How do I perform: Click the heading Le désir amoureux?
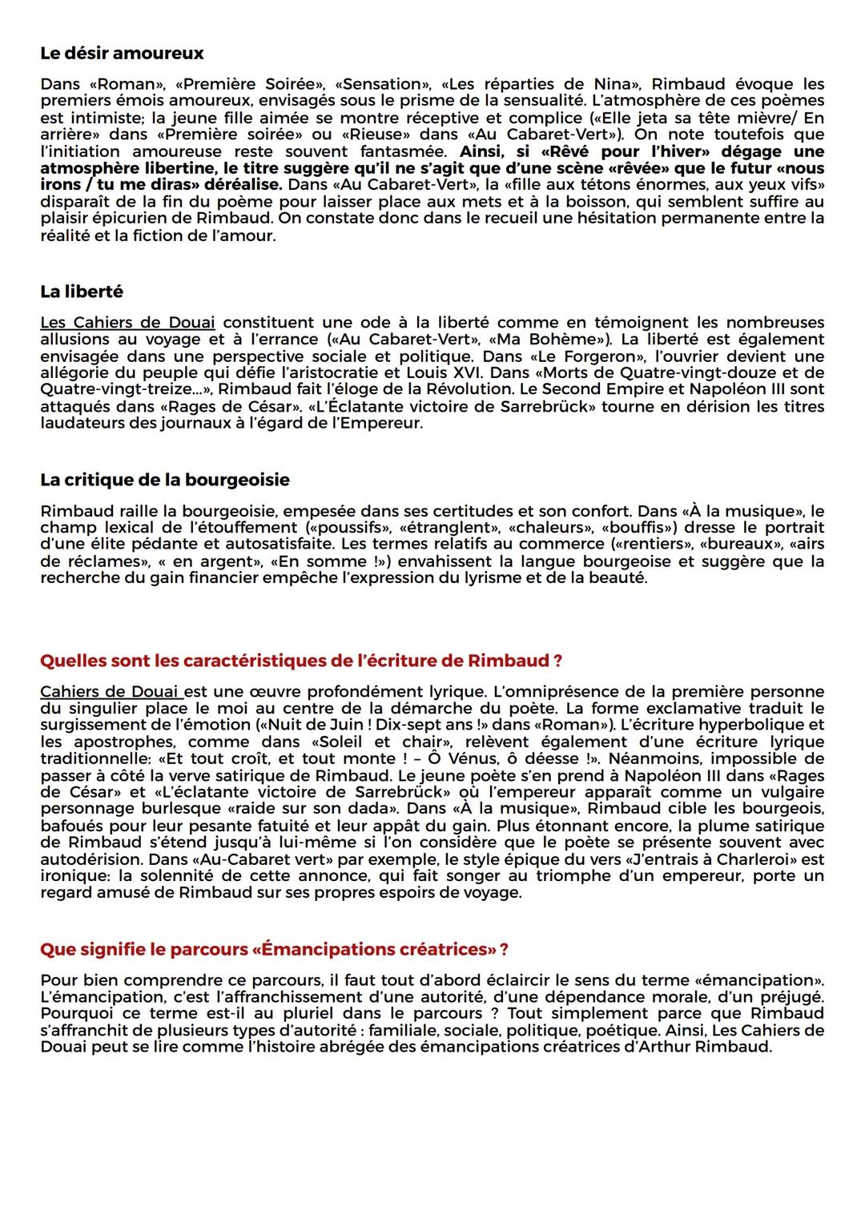tap(122, 54)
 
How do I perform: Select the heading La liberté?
tap(82, 292)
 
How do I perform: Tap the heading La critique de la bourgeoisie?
tap(165, 480)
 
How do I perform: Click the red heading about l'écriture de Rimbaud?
tap(300, 661)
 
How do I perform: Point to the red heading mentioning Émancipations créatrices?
tap(274, 949)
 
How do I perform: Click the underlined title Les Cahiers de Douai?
tap(127, 323)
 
